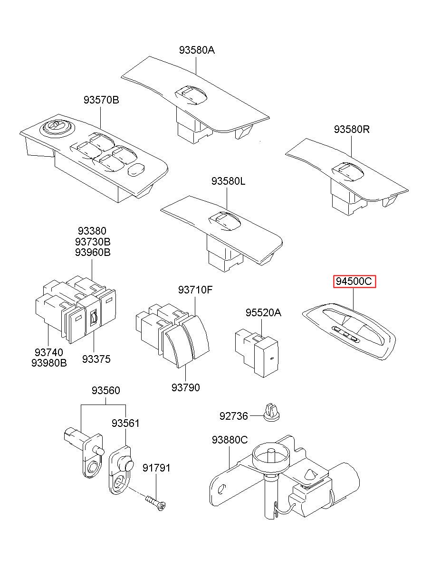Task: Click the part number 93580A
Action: [x=197, y=50]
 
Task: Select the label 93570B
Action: [x=101, y=100]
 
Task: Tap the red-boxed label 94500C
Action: [x=354, y=282]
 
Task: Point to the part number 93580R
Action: [x=352, y=129]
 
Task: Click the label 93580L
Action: [x=229, y=181]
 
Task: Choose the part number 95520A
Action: [x=264, y=312]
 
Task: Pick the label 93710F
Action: [x=195, y=290]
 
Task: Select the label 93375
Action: [x=96, y=359]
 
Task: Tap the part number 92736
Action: [x=233, y=416]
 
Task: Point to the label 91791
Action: [x=156, y=468]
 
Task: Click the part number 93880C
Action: [x=230, y=440]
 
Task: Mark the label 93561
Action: [x=125, y=423]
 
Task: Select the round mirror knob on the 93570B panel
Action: [x=55, y=127]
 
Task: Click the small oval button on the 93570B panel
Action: [x=136, y=169]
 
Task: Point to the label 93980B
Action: [x=49, y=363]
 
